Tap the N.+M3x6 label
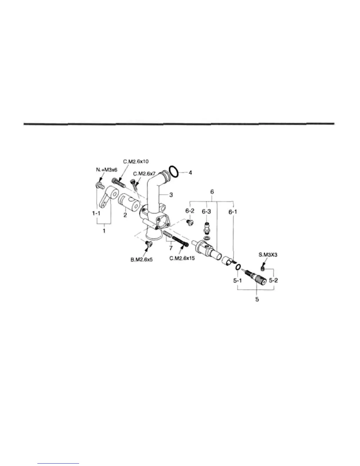click(x=106, y=170)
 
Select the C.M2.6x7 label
click(x=144, y=174)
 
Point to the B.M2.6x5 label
click(x=141, y=260)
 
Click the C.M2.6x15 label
click(x=182, y=259)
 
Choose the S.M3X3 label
click(x=268, y=255)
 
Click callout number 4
click(x=190, y=173)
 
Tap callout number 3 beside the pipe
click(x=171, y=195)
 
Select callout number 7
click(x=170, y=248)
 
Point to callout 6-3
click(x=206, y=212)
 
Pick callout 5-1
click(x=237, y=280)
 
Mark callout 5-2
click(x=273, y=280)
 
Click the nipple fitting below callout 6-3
click(x=207, y=227)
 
